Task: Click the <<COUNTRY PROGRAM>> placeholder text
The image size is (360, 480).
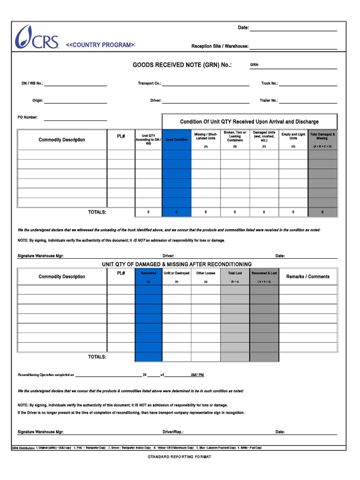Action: pyautogui.click(x=100, y=45)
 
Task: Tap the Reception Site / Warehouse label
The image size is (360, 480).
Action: pyautogui.click(x=220, y=46)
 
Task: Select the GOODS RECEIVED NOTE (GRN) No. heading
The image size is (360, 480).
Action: pyautogui.click(x=182, y=65)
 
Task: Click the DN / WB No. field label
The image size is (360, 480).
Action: pyautogui.click(x=32, y=83)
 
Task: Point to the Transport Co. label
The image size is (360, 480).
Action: pyautogui.click(x=149, y=83)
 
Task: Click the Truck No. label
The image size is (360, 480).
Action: pyautogui.click(x=270, y=83)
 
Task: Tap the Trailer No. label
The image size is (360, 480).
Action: pyautogui.click(x=269, y=101)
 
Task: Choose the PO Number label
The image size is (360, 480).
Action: pyautogui.click(x=28, y=118)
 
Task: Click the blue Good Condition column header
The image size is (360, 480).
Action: pyautogui.click(x=177, y=140)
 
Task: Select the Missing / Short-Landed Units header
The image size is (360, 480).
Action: pyautogui.click(x=206, y=136)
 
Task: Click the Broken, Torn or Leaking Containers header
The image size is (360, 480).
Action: pyautogui.click(x=235, y=136)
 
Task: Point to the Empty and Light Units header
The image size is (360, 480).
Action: pyautogui.click(x=293, y=136)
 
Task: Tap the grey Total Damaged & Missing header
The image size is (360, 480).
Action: pyautogui.click(x=322, y=136)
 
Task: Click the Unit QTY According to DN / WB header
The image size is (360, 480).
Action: pyautogui.click(x=148, y=139)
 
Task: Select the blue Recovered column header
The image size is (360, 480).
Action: pyautogui.click(x=148, y=273)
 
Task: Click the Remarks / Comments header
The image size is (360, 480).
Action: pyautogui.click(x=307, y=277)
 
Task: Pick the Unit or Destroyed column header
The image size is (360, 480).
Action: pyautogui.click(x=177, y=273)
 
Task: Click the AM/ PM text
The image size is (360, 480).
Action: pyautogui.click(x=197, y=375)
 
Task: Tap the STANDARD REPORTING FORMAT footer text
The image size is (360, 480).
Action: pyautogui.click(x=180, y=457)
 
